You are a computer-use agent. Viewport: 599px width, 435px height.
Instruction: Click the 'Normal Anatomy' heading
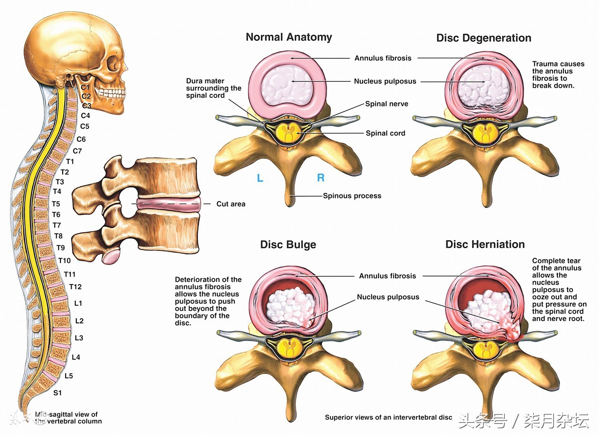289,37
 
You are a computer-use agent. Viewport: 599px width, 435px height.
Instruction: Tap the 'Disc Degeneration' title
483,38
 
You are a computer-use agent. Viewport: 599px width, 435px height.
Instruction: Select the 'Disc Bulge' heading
288,245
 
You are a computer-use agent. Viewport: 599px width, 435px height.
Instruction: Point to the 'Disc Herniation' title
485,244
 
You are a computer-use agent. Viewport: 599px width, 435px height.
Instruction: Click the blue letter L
260,178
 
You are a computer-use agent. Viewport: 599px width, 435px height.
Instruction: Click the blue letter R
321,178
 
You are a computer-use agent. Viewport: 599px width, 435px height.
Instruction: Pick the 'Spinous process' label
352,196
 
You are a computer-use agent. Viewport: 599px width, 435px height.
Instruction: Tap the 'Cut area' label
231,204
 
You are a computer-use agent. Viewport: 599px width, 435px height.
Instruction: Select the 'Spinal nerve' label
387,104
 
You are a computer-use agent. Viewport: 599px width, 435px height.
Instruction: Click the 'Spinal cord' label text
385,133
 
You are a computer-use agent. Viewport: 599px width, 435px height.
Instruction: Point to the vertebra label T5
56,204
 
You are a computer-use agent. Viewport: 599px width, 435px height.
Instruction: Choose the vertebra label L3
79,338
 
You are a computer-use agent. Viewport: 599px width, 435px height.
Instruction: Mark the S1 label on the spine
57,393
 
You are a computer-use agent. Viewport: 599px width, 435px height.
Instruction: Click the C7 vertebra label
77,150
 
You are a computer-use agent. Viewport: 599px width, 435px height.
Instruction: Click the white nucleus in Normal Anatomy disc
286,85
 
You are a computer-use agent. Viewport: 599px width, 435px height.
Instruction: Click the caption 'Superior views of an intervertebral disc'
388,417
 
